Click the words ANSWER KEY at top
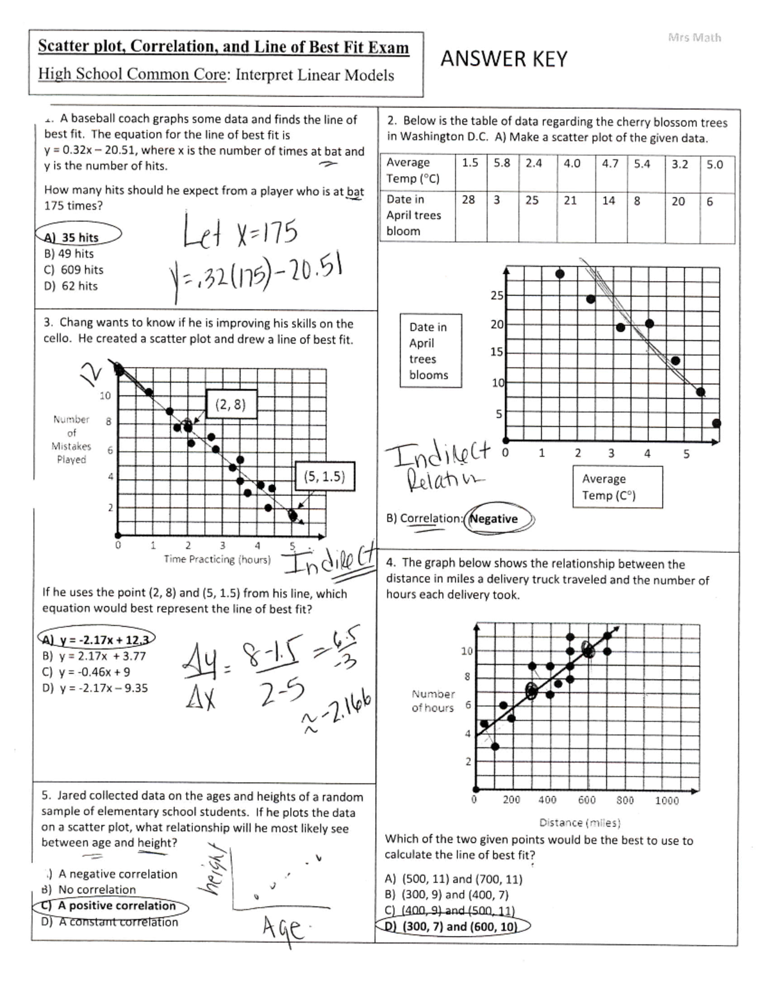point(504,59)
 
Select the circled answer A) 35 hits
point(78,237)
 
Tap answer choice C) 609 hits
point(74,270)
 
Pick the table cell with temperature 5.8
point(502,163)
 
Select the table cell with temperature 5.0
point(715,164)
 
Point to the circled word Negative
point(494,519)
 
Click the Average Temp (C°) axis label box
point(616,487)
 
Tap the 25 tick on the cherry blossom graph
point(497,295)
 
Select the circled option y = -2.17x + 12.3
point(96,639)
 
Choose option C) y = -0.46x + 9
point(86,672)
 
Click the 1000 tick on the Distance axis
point(666,800)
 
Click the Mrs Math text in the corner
point(694,37)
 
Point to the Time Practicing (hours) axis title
point(217,559)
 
